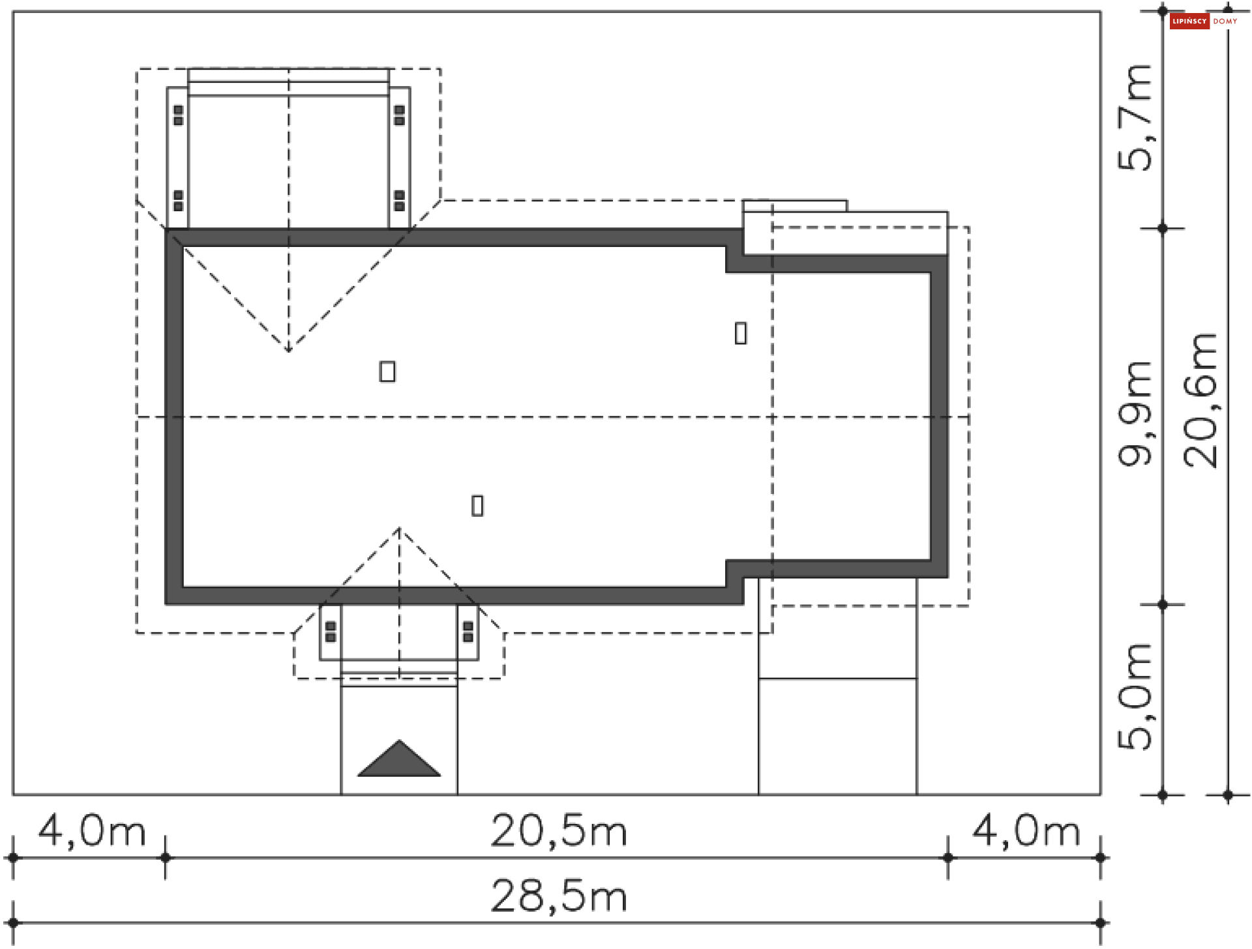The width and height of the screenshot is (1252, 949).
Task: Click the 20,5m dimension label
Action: pyautogui.click(x=558, y=832)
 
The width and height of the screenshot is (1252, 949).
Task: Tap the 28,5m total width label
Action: pyautogui.click(x=558, y=897)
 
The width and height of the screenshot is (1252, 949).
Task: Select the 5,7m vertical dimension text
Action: pyautogui.click(x=1135, y=118)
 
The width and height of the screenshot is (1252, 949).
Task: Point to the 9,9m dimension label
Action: pyautogui.click(x=1135, y=413)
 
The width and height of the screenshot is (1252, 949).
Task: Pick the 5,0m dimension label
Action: pyautogui.click(x=1135, y=696)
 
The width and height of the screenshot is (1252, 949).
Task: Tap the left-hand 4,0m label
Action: pyautogui.click(x=91, y=832)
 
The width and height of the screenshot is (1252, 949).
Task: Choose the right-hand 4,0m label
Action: pyautogui.click(x=1026, y=832)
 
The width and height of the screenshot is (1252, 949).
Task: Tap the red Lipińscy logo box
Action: pyautogui.click(x=1189, y=22)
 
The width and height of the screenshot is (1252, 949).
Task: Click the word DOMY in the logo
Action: pyautogui.click(x=1225, y=22)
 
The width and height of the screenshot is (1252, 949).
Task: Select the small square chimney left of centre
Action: pyautogui.click(x=387, y=372)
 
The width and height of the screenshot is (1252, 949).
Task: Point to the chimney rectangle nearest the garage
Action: pyautogui.click(x=741, y=333)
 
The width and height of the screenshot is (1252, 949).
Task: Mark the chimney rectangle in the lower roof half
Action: pyautogui.click(x=477, y=506)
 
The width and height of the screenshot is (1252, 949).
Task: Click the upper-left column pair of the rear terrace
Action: pyautogui.click(x=178, y=115)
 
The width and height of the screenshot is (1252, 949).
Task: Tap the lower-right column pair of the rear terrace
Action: pyautogui.click(x=400, y=201)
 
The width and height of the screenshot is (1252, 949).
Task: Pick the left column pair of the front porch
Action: pyautogui.click(x=331, y=632)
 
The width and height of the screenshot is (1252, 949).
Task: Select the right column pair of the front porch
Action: pyautogui.click(x=468, y=632)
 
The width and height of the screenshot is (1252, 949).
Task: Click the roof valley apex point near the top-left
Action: pyautogui.click(x=289, y=350)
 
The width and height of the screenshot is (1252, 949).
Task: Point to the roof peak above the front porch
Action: pyautogui.click(x=399, y=529)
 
